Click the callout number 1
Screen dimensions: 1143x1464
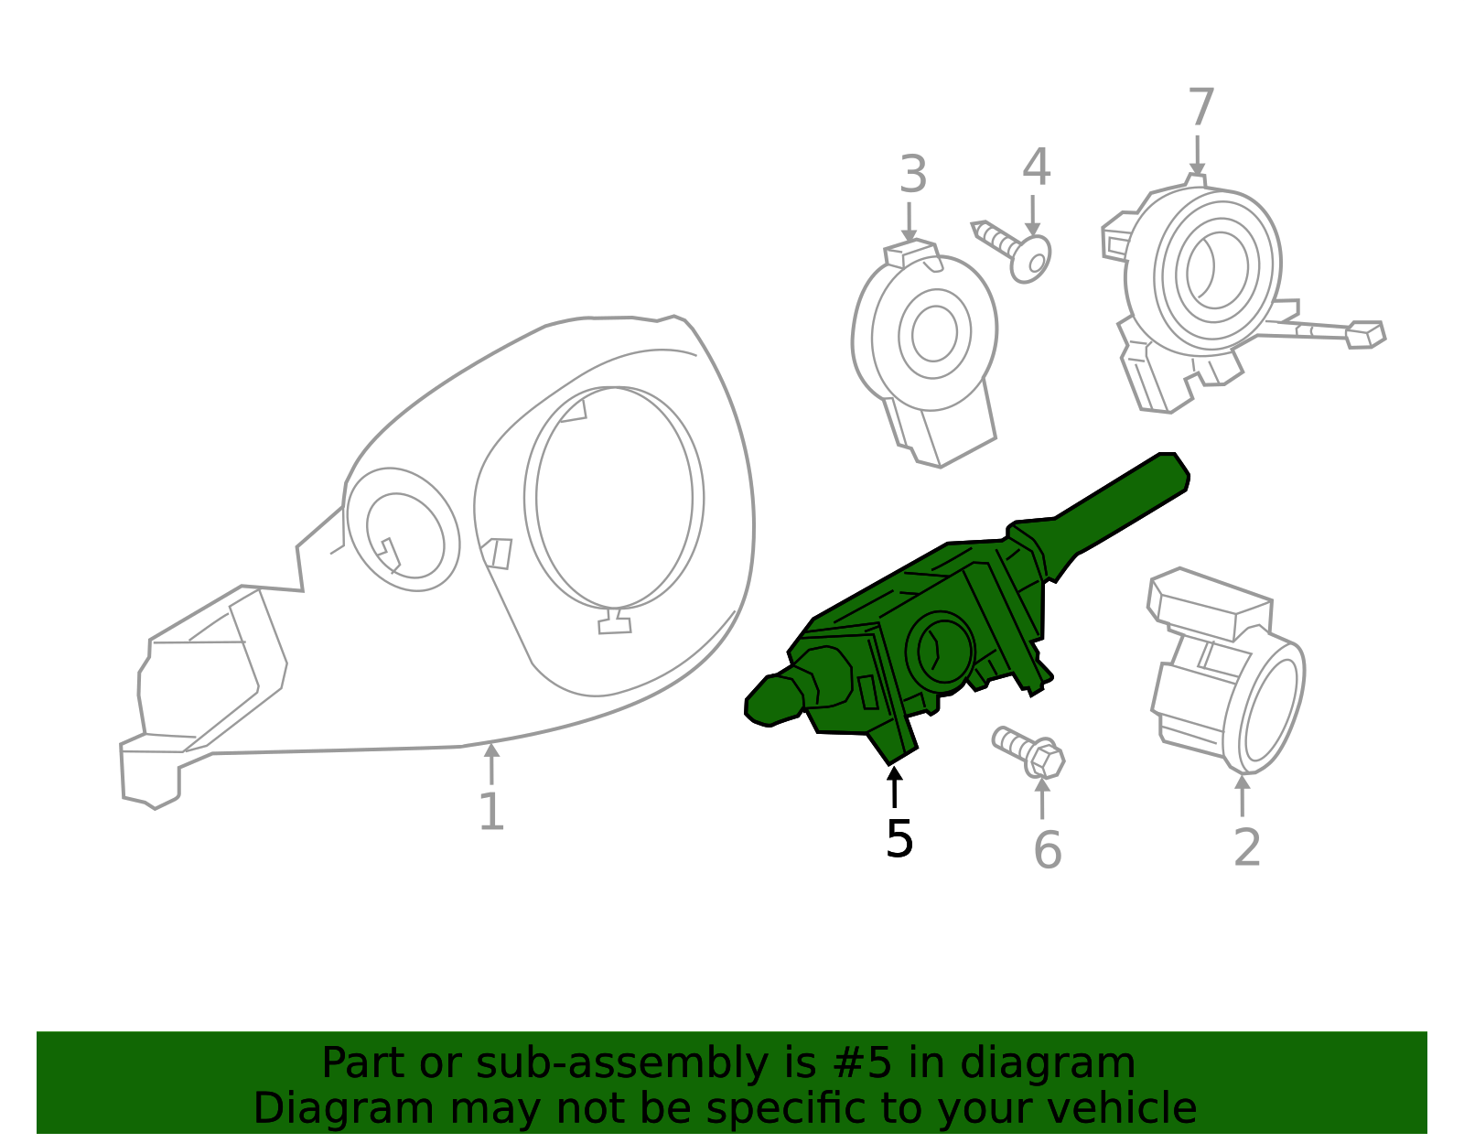coord(491,812)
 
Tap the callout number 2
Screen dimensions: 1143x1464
coord(1247,847)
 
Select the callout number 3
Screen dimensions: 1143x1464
coord(912,175)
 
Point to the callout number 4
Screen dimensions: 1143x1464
coord(1036,167)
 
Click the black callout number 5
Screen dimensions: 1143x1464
coord(899,839)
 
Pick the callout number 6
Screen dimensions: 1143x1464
coord(1047,850)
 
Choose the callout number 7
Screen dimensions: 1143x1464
coord(1200,108)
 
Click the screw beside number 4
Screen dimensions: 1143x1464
coord(1014,250)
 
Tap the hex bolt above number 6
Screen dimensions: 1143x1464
coord(1032,751)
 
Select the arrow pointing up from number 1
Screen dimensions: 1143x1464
coord(491,763)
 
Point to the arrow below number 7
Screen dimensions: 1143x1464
coord(1197,156)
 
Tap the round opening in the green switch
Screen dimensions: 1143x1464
coord(940,651)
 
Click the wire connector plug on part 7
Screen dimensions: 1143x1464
coord(1365,334)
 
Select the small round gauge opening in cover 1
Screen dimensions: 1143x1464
coord(404,534)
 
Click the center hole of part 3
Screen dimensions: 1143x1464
coord(934,333)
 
